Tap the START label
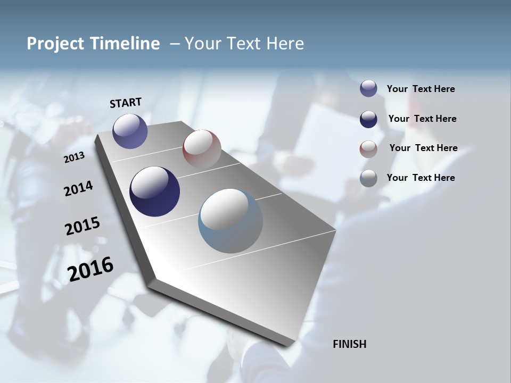(x=126, y=103)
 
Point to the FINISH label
(x=349, y=344)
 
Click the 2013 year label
(x=74, y=157)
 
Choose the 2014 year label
(x=78, y=188)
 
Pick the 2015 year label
(x=82, y=226)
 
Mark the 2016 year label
(x=90, y=269)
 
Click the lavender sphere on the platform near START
(x=130, y=131)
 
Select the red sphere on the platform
(x=202, y=148)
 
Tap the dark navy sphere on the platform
(x=154, y=191)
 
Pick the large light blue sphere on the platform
(x=230, y=221)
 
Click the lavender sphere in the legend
(x=368, y=88)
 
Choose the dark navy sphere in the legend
(x=368, y=119)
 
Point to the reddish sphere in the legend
(x=368, y=149)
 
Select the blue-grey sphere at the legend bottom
(x=368, y=178)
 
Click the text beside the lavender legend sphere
(x=421, y=89)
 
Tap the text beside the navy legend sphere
(x=422, y=119)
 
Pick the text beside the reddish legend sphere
(x=423, y=148)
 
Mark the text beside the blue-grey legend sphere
(x=421, y=178)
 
